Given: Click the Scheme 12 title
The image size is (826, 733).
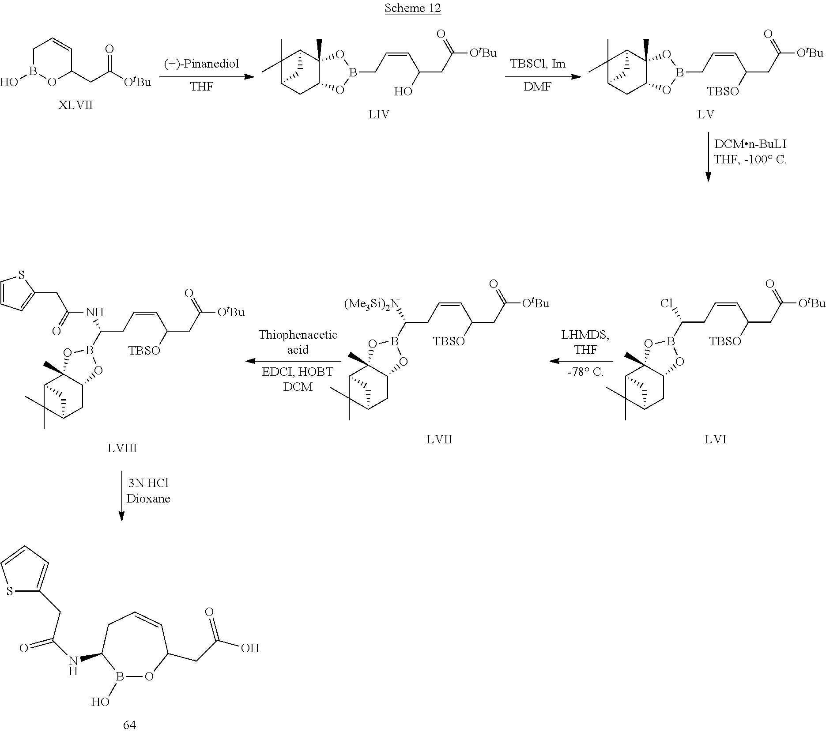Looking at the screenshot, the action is [413, 8].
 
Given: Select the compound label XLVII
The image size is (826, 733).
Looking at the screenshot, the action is [75, 106].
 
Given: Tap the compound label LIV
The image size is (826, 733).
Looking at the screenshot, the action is [379, 115].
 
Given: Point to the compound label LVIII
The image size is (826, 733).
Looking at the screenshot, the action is [122, 449].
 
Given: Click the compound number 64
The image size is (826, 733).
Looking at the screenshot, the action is [129, 725].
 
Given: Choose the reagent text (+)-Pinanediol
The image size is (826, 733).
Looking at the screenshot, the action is [202, 64].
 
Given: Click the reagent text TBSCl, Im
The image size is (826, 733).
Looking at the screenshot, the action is [538, 64].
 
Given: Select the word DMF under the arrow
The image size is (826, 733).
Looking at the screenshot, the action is [538, 87].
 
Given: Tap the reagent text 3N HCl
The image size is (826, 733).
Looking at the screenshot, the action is [148, 484].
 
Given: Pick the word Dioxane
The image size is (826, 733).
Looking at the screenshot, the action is [148, 499].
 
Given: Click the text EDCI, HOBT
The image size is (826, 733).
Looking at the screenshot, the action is [298, 372].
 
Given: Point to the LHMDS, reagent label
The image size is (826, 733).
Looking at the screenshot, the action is [585, 335].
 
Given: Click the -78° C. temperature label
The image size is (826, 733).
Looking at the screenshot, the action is [585, 372].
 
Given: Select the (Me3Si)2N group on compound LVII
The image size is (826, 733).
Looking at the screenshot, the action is [372, 304].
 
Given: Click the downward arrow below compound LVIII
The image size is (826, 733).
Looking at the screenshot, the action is [121, 496].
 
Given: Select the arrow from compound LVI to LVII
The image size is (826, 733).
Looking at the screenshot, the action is [581, 361].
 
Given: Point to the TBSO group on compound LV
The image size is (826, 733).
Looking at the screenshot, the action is [723, 91].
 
